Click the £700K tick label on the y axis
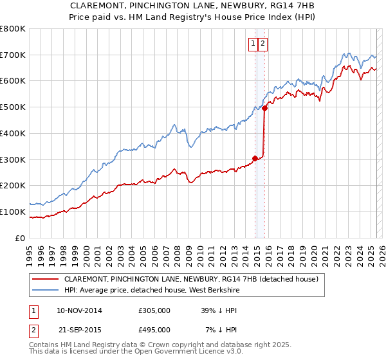click(x=13, y=55)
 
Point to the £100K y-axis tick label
click(x=13, y=212)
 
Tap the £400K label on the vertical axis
click(x=13, y=133)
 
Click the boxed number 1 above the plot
click(x=253, y=44)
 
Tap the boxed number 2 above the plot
click(x=264, y=44)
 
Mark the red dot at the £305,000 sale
click(x=255, y=157)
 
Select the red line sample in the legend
click(x=46, y=280)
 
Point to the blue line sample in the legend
click(x=46, y=291)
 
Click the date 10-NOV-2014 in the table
click(x=79, y=310)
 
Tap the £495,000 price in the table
click(x=154, y=330)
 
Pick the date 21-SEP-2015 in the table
click(x=79, y=330)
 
